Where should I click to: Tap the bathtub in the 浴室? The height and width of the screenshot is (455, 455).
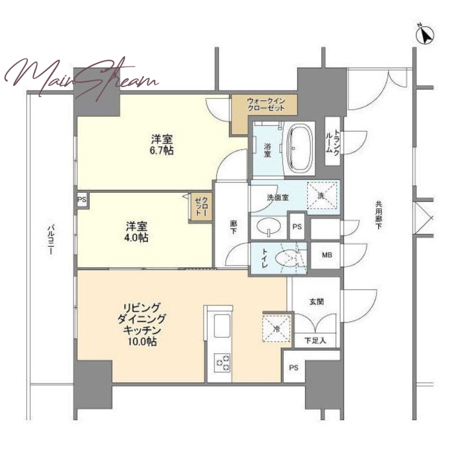tap(299, 148)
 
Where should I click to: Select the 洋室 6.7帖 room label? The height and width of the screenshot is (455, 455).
tap(162, 145)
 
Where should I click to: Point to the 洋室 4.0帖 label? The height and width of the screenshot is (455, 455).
tap(136, 232)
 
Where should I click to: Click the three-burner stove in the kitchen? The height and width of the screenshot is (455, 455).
tap(222, 362)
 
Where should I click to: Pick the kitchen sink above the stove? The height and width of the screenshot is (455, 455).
tap(222, 326)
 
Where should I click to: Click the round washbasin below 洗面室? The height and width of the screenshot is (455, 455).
tap(269, 226)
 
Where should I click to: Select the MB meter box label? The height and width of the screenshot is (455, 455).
tap(326, 255)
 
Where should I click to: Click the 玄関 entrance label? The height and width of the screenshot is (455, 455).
tap(316, 302)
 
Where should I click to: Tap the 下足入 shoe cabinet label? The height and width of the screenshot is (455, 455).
tap(315, 340)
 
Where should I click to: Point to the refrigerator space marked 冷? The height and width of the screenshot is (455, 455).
tap(276, 329)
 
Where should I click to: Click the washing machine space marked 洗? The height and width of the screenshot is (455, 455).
tap(322, 195)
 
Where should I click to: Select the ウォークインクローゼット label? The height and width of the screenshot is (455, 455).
tap(266, 105)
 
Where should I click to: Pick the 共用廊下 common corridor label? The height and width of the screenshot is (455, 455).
tap(378, 216)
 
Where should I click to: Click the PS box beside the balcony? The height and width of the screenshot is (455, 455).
tap(82, 200)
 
